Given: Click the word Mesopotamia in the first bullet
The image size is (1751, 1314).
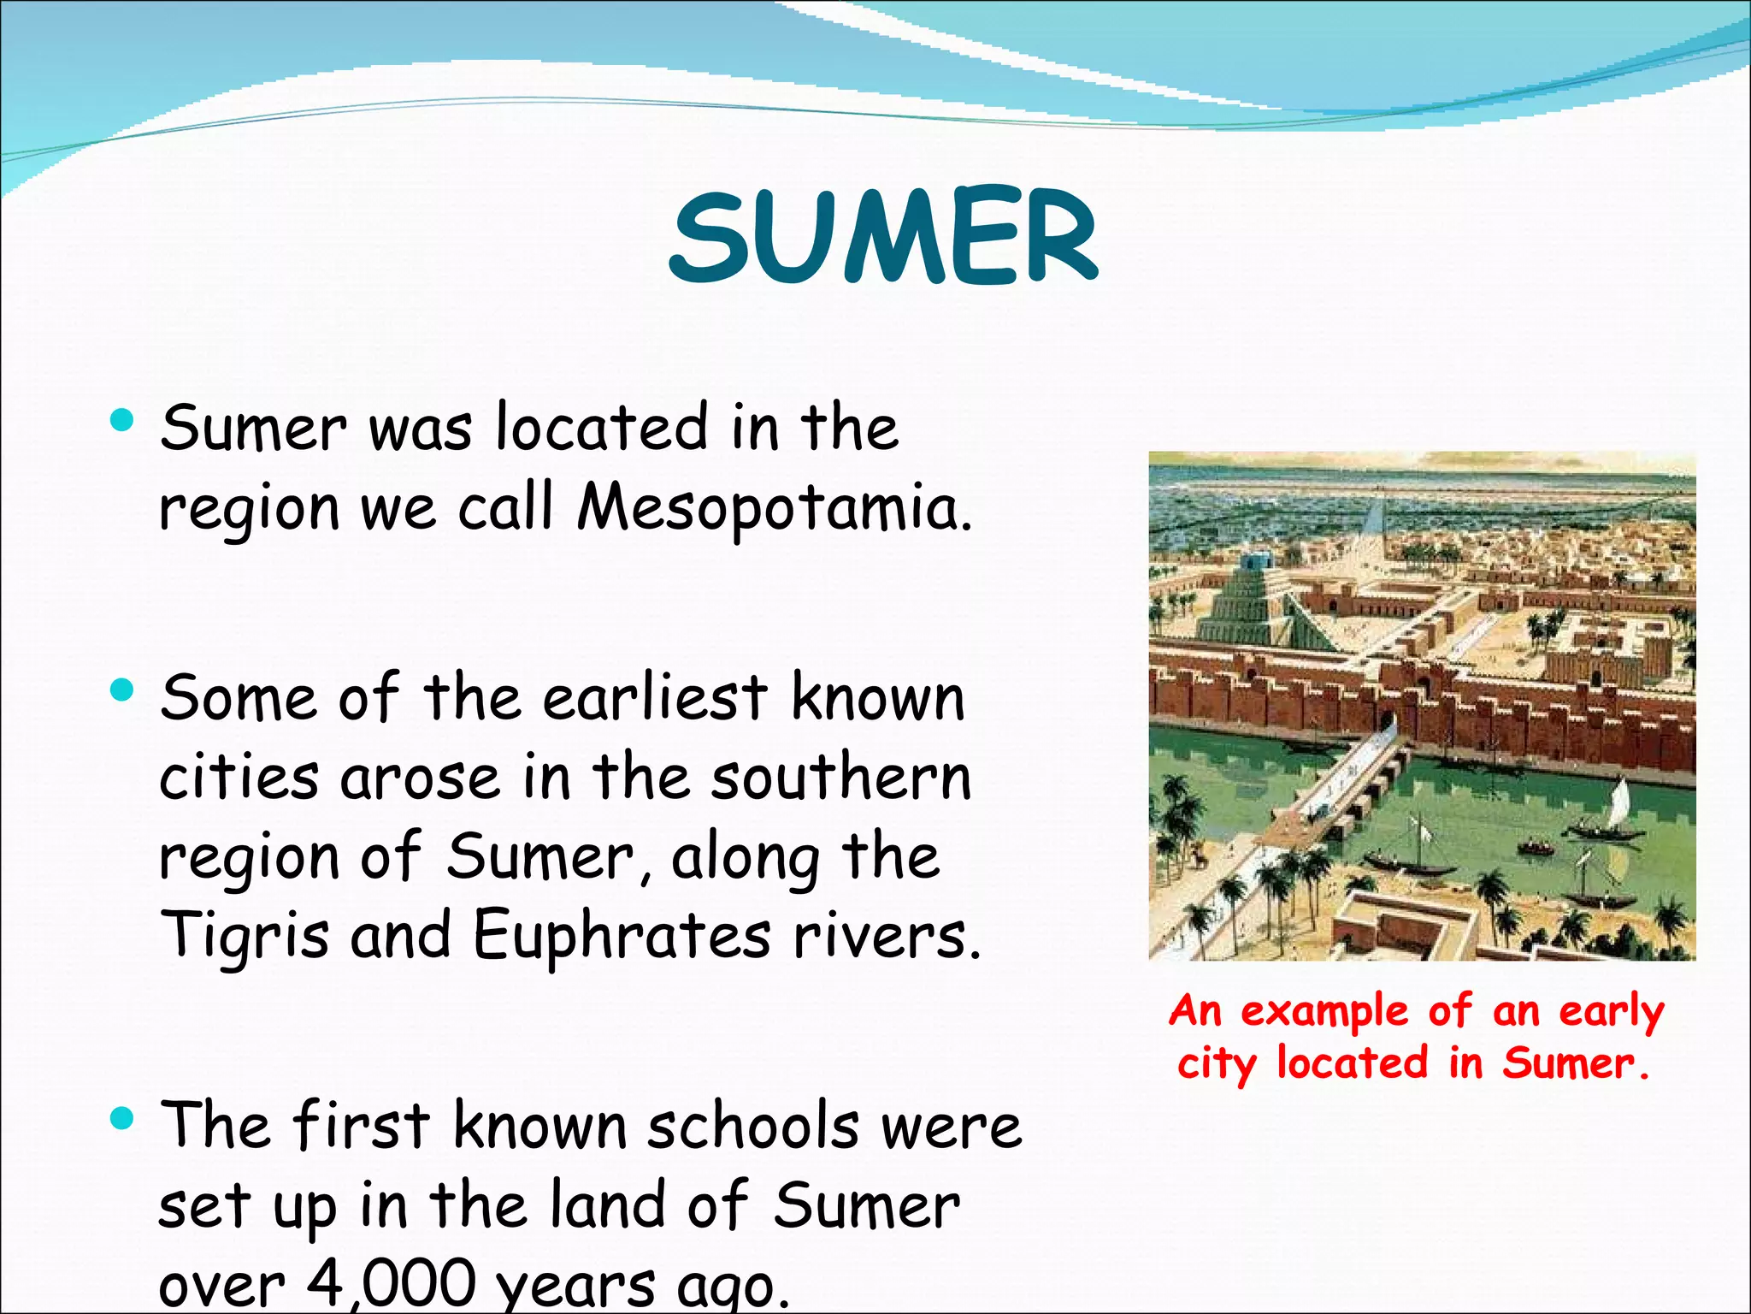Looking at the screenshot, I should pos(774,507).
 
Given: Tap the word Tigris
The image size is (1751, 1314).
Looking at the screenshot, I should pos(245,934).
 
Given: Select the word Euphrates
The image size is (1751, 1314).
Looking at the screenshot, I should pos(622,934).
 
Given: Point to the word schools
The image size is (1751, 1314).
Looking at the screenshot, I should pos(752,1126).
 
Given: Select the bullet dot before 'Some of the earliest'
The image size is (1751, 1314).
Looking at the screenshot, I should pos(122,690).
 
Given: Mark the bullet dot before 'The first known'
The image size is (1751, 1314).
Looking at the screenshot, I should pos(122,1117).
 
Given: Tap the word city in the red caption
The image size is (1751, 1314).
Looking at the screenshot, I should pos(1217,1063).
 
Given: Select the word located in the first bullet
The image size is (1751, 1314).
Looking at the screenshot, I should pos(602,427).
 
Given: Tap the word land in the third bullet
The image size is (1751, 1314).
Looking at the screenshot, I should pos(607,1204).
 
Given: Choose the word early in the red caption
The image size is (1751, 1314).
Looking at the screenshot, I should pos(1612,1012).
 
